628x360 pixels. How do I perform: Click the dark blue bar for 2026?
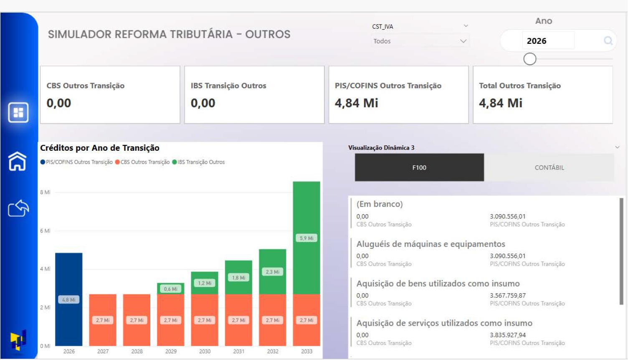tap(68, 299)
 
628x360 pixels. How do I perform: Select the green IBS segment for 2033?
tap(306, 238)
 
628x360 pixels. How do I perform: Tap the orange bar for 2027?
tap(103, 320)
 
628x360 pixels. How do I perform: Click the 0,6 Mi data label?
tap(170, 289)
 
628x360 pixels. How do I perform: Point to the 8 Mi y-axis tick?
tap(45, 193)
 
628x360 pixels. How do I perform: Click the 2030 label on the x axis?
tap(205, 351)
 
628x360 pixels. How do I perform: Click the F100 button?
tap(419, 167)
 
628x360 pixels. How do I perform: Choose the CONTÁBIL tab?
tap(549, 167)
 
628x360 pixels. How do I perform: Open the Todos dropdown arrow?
tap(463, 41)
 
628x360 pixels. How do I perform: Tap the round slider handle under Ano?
tap(529, 59)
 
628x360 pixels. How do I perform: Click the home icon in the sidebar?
tap(18, 161)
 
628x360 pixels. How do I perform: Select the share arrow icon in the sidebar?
tap(18, 208)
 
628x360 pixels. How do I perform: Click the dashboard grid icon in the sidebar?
tap(18, 112)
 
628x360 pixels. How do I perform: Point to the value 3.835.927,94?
tap(508, 335)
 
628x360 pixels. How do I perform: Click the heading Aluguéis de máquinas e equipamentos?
tap(430, 244)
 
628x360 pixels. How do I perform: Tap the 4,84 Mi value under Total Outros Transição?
tap(500, 103)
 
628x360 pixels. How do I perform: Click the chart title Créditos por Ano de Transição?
tap(100, 148)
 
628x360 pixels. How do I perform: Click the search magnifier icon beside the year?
tap(608, 41)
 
